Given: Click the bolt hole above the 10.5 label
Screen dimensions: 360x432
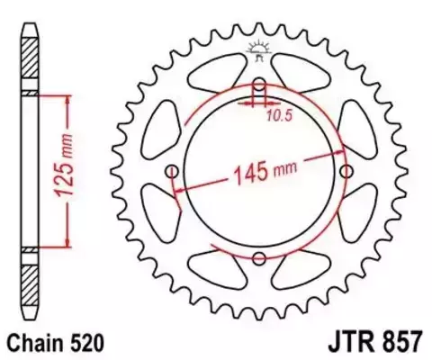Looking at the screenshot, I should (259, 87).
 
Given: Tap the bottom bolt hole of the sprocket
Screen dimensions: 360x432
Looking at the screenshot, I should (259, 259).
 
